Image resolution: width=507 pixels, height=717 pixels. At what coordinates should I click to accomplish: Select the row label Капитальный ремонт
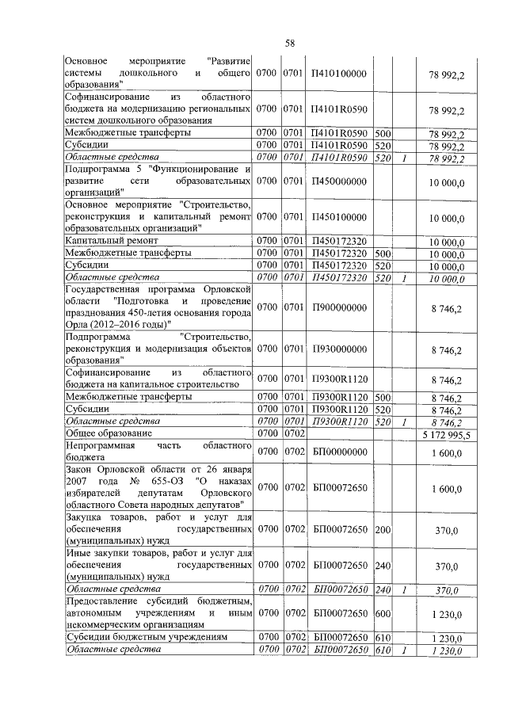[x=112, y=241]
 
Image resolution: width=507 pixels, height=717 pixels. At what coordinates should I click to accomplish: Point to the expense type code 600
[x=382, y=613]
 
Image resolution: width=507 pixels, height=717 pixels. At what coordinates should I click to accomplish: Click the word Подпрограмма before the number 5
[x=100, y=170]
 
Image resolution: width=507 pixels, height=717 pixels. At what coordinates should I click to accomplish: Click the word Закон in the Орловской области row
[x=80, y=471]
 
